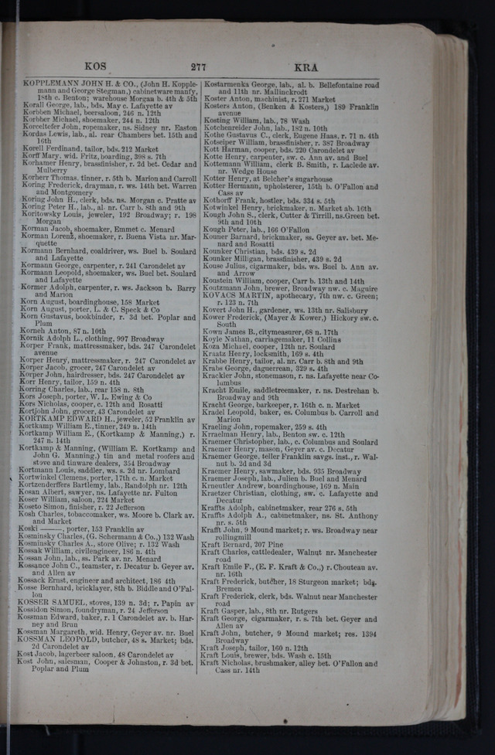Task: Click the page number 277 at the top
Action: click(198, 67)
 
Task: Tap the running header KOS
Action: click(96, 67)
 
